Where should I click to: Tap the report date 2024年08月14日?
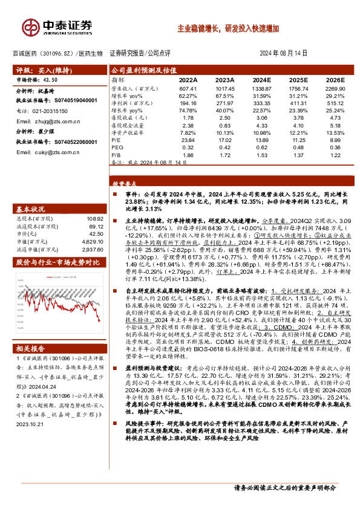point(288,53)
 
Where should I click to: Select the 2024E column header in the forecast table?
point(263,80)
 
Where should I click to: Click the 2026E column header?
point(334,80)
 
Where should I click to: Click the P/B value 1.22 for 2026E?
point(334,155)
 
